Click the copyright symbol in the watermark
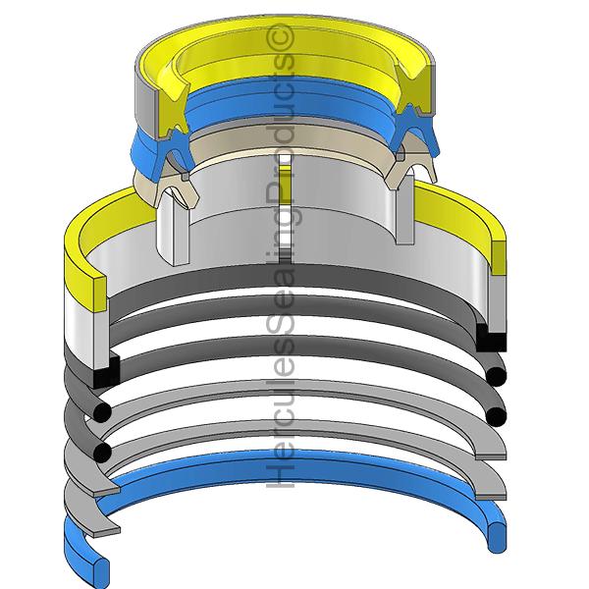[x=280, y=37]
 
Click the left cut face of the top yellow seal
[x=171, y=109]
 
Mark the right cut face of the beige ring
[x=410, y=167]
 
